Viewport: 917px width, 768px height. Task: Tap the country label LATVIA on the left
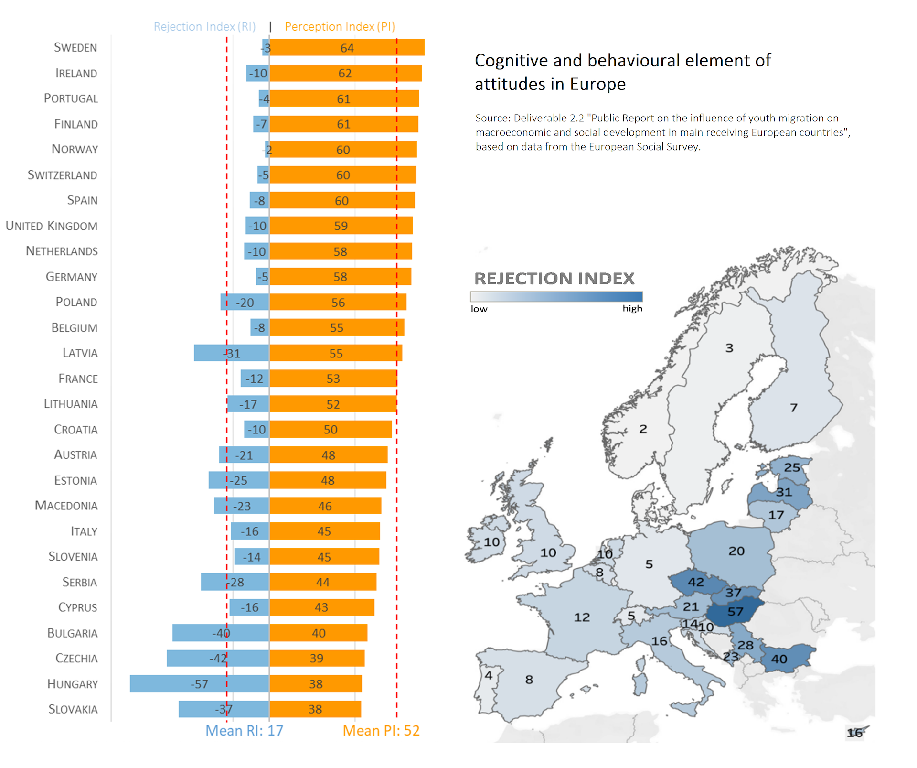80,353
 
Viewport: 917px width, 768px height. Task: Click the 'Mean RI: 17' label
244,731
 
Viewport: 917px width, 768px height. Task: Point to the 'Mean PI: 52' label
381,731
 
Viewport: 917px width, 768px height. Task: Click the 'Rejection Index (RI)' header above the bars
204,27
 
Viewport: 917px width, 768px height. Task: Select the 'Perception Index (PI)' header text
340,27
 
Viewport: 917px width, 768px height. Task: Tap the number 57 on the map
735,612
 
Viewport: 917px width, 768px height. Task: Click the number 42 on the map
695,582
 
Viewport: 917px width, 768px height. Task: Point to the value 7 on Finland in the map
793,408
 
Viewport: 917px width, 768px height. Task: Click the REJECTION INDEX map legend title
554,279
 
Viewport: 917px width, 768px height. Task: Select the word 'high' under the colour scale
632,309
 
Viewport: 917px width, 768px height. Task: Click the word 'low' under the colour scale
479,309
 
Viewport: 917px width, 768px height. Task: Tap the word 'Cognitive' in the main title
511,61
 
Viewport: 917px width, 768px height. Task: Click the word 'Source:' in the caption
493,119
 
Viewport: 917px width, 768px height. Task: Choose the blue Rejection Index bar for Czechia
191,658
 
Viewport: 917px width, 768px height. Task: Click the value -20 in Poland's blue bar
245,303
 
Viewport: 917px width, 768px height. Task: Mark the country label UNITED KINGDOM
52,226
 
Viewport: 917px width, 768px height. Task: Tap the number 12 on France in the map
582,617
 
